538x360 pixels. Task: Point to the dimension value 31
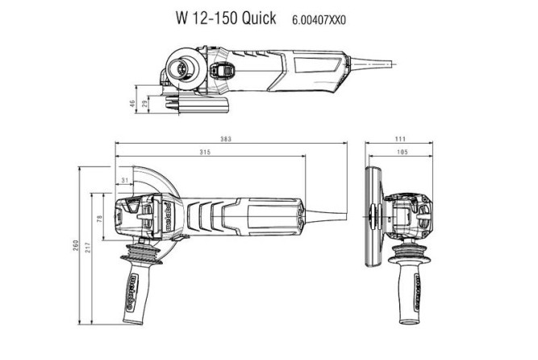[x=123, y=179]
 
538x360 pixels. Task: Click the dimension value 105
[x=399, y=153]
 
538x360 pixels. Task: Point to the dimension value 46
[x=132, y=103]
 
